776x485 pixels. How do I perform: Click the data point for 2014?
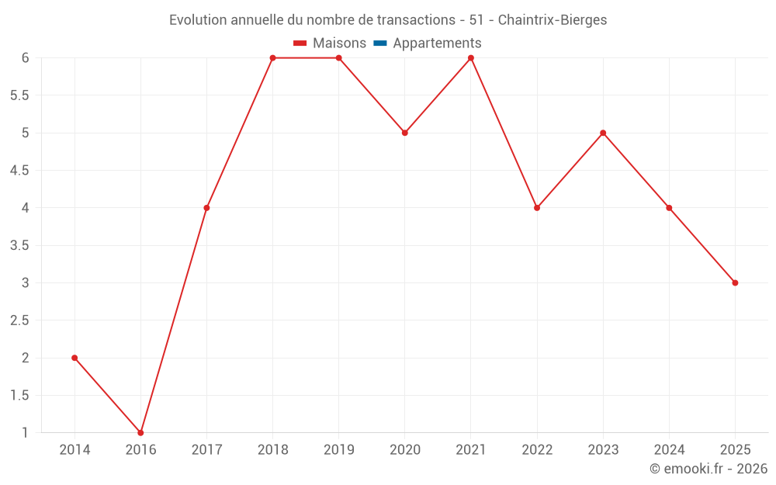74,358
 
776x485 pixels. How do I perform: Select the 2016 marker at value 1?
140,432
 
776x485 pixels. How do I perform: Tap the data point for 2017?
206,208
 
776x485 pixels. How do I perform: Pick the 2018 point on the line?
272,58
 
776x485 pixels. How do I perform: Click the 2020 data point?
405,133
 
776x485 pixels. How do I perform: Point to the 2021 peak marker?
471,58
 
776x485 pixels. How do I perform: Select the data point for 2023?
603,133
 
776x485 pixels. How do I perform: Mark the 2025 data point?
735,282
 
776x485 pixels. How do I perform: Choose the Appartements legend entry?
437,43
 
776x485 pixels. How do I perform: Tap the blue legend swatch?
380,43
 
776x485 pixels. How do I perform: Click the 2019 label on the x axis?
338,450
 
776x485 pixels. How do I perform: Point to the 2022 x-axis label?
537,450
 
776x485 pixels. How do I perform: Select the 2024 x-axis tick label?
669,450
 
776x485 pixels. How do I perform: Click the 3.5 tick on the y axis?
19,245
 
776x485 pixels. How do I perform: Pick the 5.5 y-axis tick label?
19,95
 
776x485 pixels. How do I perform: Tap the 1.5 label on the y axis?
19,395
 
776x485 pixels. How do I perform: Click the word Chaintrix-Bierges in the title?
552,19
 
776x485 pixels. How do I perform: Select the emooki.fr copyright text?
708,469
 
